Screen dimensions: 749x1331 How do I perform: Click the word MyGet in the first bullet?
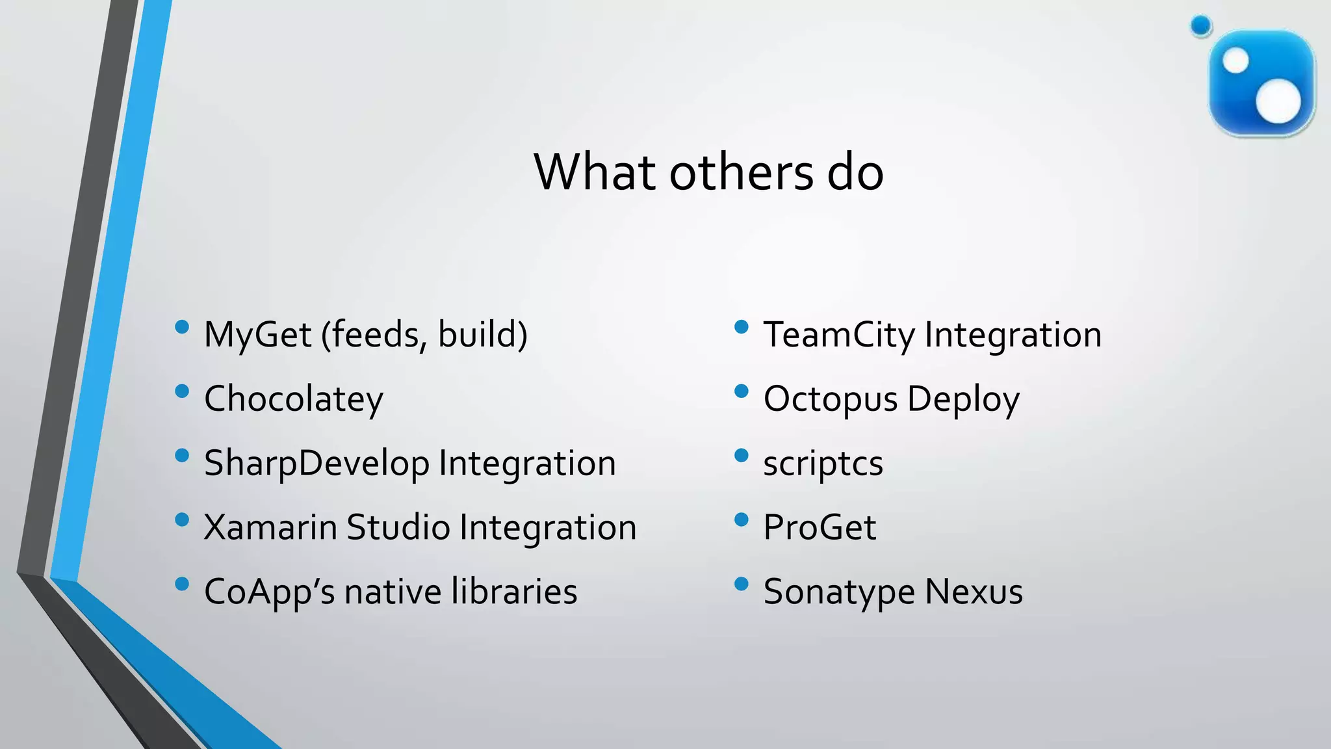point(257,335)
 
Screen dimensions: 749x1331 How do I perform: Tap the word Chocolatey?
point(294,399)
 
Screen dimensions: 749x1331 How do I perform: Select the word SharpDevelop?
point(317,464)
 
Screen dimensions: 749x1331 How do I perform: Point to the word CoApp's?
point(269,592)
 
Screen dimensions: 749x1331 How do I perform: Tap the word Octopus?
point(830,399)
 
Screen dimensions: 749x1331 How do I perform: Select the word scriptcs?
point(823,464)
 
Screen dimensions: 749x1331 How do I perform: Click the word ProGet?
point(820,527)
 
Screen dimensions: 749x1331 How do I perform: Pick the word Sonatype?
point(838,592)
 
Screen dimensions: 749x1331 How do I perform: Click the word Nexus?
point(974,592)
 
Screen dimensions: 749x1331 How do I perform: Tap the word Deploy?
point(963,399)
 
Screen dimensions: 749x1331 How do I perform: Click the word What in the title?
point(595,172)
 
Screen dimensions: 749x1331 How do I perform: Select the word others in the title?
point(741,172)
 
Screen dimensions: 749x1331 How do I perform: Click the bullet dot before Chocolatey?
point(182,391)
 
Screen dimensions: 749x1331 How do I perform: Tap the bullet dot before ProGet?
point(741,519)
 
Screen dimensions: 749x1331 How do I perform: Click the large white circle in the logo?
point(1278,101)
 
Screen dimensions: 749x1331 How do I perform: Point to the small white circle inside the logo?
point(1235,62)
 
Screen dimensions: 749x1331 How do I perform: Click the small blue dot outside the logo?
point(1201,26)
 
